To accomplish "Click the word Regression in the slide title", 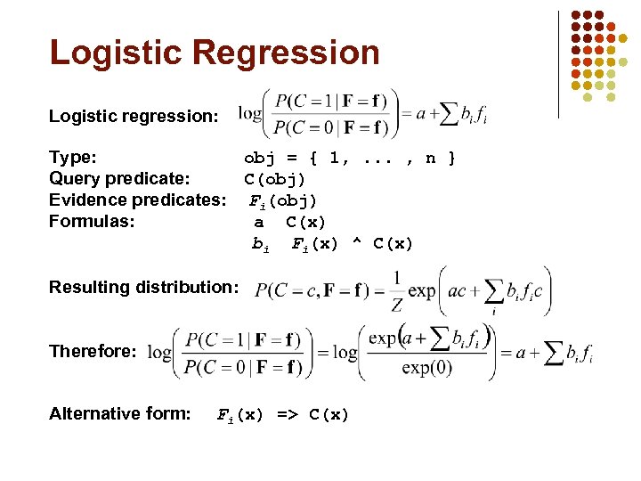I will pyautogui.click(x=287, y=53).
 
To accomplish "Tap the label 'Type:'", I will pyautogui.click(x=73, y=158).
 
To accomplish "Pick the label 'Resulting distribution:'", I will pyautogui.click(x=143, y=287).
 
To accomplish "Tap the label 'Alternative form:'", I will pyautogui.click(x=119, y=413).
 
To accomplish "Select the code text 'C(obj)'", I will pyautogui.click(x=275, y=179).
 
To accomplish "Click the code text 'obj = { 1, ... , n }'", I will pyautogui.click(x=350, y=159).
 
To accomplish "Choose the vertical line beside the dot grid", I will pyautogui.click(x=558, y=64).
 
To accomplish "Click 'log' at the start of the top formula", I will pyautogui.click(x=250, y=114).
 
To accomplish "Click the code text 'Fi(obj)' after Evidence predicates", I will pyautogui.click(x=281, y=200).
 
